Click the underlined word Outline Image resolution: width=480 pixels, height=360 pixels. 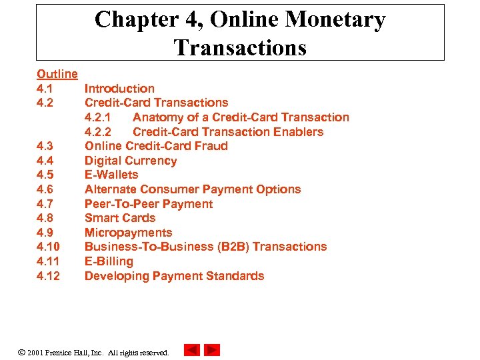(57, 74)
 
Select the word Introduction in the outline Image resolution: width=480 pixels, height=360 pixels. (119, 89)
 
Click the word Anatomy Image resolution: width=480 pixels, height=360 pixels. (159, 117)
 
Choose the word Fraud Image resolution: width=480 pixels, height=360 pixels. (211, 146)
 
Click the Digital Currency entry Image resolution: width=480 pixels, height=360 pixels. (131, 161)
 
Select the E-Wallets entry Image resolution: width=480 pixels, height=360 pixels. (111, 175)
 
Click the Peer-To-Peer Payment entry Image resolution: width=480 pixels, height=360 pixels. (149, 204)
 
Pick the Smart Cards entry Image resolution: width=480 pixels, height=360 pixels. (120, 218)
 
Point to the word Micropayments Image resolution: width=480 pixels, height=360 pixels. (128, 233)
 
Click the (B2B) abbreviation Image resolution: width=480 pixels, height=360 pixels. (233, 247)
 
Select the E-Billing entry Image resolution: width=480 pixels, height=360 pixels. (109, 261)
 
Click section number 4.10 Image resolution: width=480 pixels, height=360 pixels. (48, 247)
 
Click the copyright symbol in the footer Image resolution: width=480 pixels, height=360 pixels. (21, 351)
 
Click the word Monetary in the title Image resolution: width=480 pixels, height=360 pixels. (335, 20)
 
